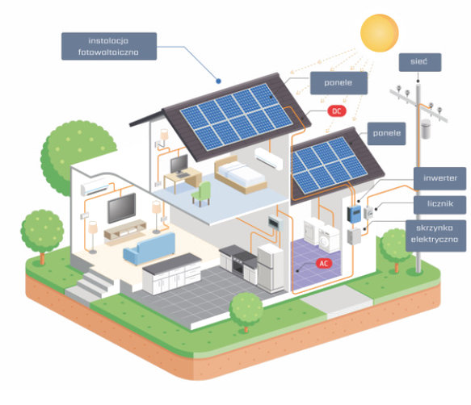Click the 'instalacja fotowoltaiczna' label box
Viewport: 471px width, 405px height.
point(109,46)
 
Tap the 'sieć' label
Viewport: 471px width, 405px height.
point(420,62)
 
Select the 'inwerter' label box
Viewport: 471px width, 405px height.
point(439,178)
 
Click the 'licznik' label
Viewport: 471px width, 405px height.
point(439,204)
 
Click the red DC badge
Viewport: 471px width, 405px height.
point(337,111)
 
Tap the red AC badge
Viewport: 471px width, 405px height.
point(324,263)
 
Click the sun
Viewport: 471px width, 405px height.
point(380,33)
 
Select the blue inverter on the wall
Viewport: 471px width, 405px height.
point(354,214)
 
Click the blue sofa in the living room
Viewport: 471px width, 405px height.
point(149,248)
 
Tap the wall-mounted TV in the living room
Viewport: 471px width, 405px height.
point(122,207)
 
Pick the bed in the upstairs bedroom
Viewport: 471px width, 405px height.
point(240,174)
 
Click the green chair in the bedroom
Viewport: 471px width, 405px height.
point(201,194)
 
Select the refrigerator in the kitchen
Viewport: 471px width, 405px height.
point(271,268)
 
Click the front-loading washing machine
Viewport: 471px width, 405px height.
point(329,239)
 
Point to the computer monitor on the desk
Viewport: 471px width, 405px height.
point(179,165)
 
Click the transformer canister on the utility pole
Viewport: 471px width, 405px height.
point(425,129)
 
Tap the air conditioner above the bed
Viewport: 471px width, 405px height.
point(269,158)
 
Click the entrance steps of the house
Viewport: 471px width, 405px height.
point(90,286)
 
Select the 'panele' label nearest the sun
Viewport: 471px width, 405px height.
point(339,83)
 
